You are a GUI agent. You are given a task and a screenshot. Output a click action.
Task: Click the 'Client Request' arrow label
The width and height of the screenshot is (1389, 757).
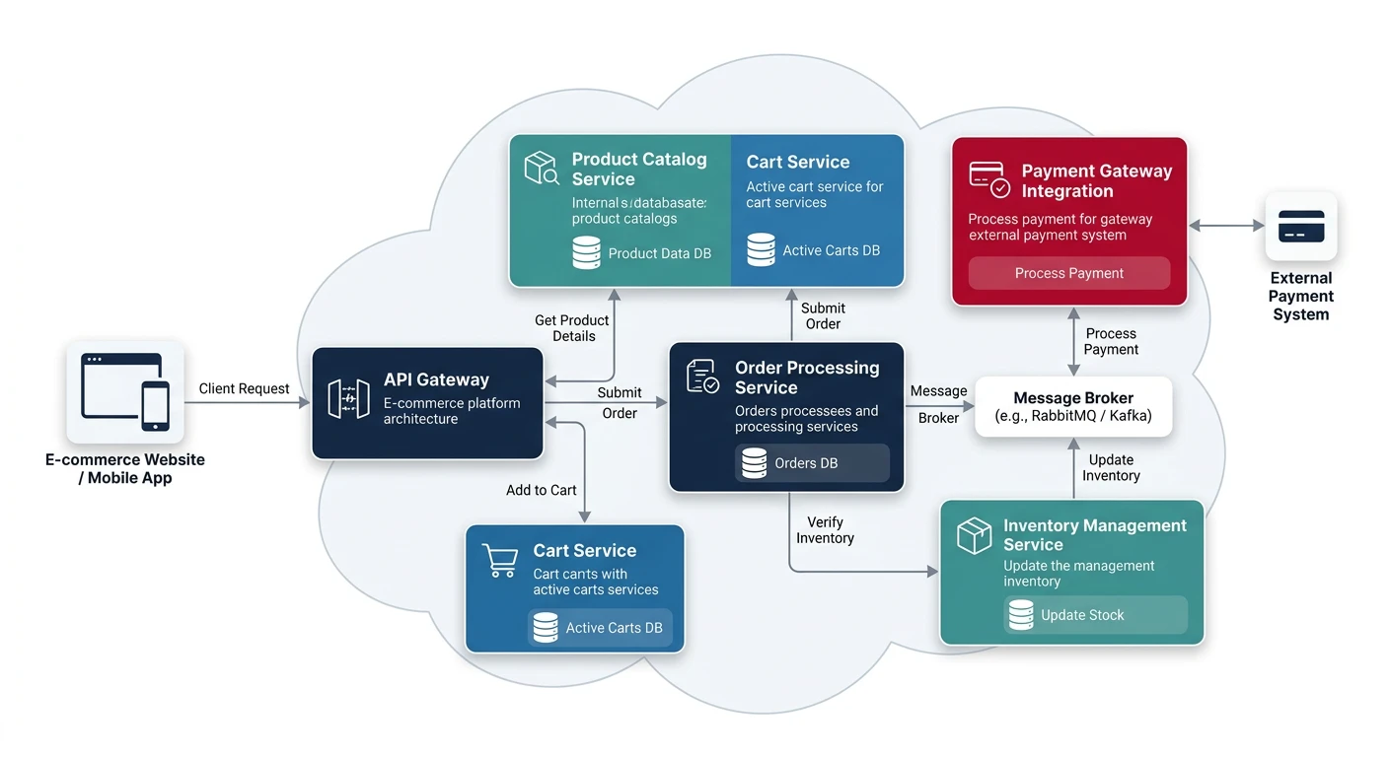244,388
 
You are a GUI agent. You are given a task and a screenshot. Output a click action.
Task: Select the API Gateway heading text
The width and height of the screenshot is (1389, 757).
436,379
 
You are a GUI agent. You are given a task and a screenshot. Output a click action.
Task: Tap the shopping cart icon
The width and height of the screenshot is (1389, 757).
500,560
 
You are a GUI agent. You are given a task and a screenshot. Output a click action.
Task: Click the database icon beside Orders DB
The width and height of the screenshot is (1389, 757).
755,463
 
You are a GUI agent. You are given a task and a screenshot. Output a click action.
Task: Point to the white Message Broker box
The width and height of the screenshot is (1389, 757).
1073,406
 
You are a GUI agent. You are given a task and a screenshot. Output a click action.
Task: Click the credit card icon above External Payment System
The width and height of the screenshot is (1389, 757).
1300,226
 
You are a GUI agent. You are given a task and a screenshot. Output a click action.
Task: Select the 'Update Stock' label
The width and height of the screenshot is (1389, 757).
1082,615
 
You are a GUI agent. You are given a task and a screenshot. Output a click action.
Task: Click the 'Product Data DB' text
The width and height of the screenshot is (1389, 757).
659,253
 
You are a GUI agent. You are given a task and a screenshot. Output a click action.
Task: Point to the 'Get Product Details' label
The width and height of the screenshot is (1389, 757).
572,328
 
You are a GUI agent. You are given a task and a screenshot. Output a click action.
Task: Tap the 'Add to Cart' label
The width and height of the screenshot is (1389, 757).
541,490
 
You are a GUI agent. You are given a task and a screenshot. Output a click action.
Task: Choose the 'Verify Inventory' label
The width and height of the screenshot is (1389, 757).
825,530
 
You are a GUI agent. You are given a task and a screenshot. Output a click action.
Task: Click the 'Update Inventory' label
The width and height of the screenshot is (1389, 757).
1111,467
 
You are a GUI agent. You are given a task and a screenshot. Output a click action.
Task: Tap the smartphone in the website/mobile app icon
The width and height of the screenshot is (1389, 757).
155,406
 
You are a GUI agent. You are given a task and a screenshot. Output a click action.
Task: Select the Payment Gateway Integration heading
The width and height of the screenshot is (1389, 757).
1096,180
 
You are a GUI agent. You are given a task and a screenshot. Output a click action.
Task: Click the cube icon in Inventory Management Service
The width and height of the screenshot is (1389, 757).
974,536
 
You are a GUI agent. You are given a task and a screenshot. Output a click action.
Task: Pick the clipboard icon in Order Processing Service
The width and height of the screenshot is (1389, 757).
702,377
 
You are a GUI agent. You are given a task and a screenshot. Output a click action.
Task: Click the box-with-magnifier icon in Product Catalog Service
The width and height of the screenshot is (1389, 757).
542,169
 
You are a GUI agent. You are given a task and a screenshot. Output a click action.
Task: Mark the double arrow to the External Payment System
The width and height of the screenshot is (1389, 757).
1226,226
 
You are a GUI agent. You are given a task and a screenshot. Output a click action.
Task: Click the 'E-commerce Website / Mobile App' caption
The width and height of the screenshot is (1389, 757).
125,468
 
